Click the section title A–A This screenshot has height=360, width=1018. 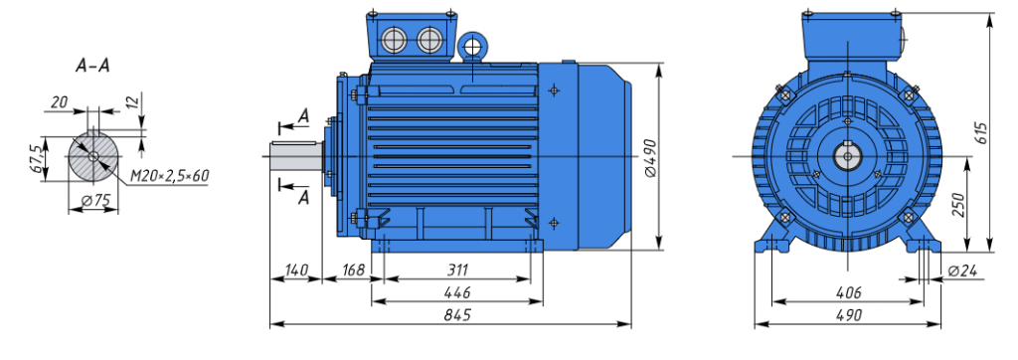pos(92,67)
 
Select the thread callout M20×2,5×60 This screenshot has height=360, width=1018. pos(169,175)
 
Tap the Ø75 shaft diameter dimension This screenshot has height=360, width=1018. pos(95,202)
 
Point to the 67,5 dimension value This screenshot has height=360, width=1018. pos(38,158)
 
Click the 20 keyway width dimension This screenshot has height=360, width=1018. pos(59,102)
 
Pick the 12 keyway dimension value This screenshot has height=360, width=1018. pos(133,102)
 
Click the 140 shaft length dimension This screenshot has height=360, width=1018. pos(295,270)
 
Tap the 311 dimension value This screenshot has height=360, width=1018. pos(456,270)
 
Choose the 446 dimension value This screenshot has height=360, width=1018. pos(457,292)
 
